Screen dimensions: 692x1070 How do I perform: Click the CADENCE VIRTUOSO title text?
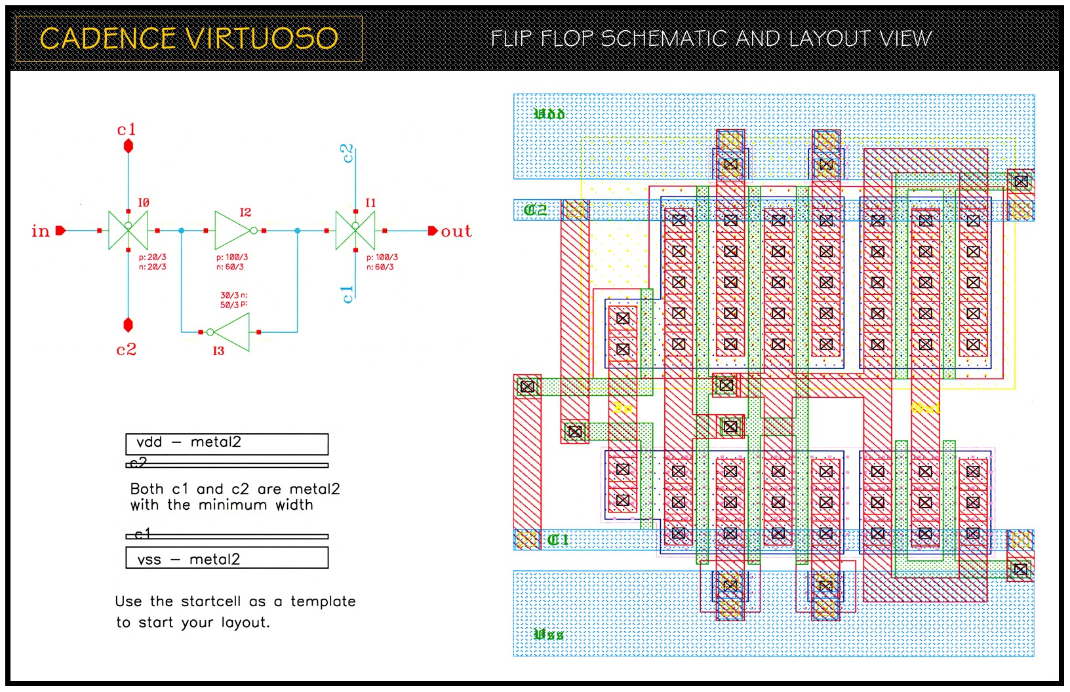coord(189,39)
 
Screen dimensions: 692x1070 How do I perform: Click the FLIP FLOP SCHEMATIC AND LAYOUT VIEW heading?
coord(711,39)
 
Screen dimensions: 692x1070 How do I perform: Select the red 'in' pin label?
coord(41,231)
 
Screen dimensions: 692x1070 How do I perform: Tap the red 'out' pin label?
coord(456,231)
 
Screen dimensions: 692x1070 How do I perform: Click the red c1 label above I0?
coord(127,130)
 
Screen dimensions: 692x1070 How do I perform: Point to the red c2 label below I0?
coord(127,350)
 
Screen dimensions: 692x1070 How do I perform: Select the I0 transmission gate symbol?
coord(128,230)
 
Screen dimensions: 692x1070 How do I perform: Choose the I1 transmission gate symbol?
coord(355,230)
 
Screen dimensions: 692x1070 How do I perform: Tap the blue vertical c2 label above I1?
coord(347,153)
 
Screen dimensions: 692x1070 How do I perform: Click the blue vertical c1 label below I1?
coord(347,294)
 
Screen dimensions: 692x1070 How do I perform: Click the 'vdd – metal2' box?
coord(227,443)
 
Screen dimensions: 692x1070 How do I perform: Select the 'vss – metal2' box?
coord(227,558)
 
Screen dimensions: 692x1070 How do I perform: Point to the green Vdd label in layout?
coord(549,114)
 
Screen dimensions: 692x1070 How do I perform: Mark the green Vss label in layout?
coord(548,634)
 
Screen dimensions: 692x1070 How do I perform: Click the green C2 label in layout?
coord(536,210)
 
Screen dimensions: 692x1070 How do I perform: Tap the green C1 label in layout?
coord(557,540)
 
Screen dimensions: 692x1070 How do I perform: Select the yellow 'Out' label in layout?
coord(925,408)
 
